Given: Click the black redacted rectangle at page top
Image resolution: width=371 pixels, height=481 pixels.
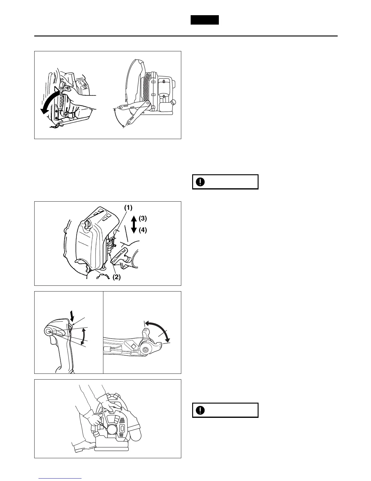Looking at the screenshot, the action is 205,20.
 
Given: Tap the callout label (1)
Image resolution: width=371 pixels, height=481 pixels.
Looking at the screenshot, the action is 128,208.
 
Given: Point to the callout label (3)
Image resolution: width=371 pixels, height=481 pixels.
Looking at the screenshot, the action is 143,218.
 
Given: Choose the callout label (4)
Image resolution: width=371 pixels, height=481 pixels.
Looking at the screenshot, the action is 143,230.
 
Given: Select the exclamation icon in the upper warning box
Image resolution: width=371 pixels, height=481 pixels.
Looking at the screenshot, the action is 200,182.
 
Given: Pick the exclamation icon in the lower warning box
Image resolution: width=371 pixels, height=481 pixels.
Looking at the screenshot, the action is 200,410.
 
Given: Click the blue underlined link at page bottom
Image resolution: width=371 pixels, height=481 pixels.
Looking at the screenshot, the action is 60,479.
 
